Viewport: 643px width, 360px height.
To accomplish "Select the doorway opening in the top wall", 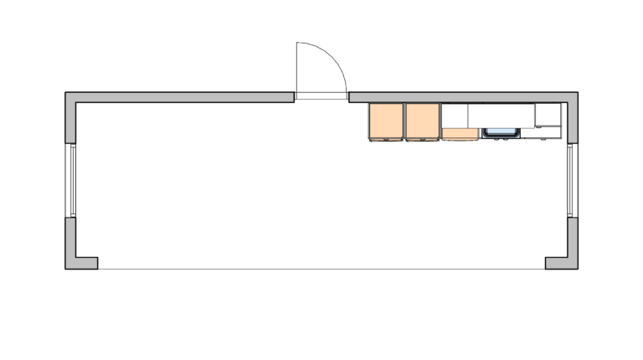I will (321, 97).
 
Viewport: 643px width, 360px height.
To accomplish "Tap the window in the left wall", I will (73, 181).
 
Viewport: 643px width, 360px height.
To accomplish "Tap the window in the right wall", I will (570, 181).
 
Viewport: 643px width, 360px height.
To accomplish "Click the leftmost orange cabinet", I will (386, 121).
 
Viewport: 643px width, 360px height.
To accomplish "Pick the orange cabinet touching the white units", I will (422, 121).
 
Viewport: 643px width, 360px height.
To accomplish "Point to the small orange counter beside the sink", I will (460, 133).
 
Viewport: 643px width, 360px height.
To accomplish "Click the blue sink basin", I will (501, 131).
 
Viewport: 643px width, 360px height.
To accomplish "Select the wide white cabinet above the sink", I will (501, 114).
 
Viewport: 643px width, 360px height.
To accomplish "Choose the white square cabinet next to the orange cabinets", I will (454, 115).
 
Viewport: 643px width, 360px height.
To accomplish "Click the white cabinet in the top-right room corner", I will (548, 114).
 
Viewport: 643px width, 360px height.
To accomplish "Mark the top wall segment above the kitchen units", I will (460, 97).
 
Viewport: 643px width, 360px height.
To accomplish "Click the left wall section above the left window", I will (72, 121).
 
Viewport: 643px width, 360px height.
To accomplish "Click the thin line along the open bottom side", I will (321, 269).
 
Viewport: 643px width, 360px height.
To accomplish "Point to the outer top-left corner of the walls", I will (66, 92).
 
